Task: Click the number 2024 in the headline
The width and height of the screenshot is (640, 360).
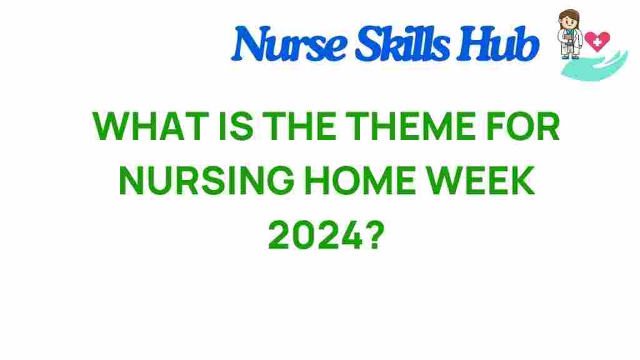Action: [310, 236]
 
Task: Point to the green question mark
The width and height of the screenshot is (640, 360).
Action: [369, 236]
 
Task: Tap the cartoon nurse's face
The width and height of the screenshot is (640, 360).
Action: [569, 22]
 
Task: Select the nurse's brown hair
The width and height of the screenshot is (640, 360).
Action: [569, 14]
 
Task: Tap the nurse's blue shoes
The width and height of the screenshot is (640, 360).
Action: [569, 57]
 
